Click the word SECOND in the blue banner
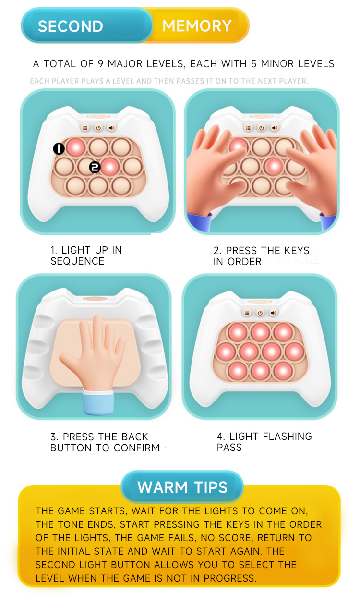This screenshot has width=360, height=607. click(x=71, y=26)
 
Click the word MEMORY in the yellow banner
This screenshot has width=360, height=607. click(x=197, y=26)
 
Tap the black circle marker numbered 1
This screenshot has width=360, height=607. click(x=59, y=149)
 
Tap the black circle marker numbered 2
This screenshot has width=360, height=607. click(x=95, y=167)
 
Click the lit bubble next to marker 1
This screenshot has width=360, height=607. click(x=75, y=147)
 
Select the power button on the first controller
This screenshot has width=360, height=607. click(x=98, y=128)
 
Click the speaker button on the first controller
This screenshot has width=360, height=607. click(x=111, y=128)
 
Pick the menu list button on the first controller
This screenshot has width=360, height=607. click(x=85, y=128)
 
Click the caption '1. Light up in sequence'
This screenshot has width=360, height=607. click(x=86, y=255)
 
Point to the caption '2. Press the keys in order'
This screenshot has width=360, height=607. click(x=261, y=255)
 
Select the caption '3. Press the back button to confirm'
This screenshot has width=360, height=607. click(x=105, y=442)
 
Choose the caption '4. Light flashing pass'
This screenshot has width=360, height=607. click(x=264, y=442)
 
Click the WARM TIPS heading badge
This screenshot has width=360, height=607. click(x=182, y=487)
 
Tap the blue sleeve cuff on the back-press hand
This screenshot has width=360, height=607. click(x=98, y=402)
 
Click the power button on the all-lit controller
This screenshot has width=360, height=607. click(x=260, y=313)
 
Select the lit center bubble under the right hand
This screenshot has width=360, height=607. click(x=274, y=166)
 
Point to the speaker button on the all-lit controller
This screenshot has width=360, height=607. click(x=273, y=313)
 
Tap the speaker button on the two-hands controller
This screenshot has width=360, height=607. click(x=275, y=128)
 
